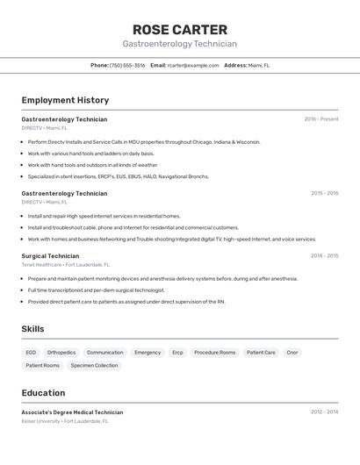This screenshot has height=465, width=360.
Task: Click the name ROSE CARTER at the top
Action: pos(179,29)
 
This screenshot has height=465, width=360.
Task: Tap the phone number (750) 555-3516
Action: pos(127,65)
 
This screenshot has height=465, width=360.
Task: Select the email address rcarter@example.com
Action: pos(193,65)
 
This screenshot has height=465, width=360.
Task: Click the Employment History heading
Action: pos(65,100)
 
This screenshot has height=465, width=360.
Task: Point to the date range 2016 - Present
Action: pos(321,119)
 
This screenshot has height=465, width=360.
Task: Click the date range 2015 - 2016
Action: pos(324,193)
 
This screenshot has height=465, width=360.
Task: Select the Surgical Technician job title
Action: pos(50,255)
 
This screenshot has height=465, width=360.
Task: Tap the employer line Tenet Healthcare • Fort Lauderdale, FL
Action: pos(66,264)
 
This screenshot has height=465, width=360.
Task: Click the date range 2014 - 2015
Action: pos(324,255)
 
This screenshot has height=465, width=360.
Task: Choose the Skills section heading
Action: pos(32,329)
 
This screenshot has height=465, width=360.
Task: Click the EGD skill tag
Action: pos(31,353)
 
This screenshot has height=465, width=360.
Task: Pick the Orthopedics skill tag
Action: pos(61,353)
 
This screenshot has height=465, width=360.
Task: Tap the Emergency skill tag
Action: pos(148,353)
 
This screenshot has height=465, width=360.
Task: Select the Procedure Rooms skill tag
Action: pos(215,353)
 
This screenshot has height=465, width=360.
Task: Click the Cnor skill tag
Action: pos(292,353)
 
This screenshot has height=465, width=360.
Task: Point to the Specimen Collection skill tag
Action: pos(94,365)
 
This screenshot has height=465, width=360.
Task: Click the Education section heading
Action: pos(43,393)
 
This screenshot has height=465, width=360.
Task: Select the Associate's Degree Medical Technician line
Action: pos(72,412)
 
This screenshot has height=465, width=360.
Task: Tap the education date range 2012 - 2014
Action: pos(324,411)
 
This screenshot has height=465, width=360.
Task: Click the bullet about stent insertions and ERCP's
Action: pos(118,176)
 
